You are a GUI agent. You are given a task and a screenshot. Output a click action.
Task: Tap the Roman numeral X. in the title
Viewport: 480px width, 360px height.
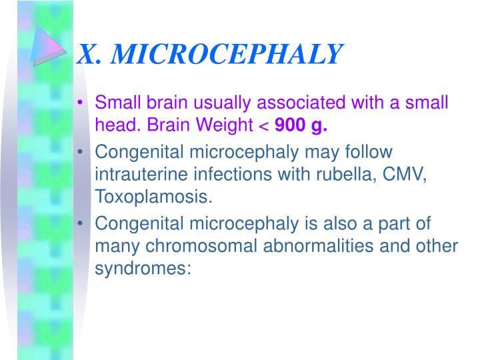tap(90, 54)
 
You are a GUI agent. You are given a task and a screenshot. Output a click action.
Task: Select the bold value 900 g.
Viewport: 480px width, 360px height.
tap(301, 125)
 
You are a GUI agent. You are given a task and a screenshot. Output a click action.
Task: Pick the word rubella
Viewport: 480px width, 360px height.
tap(340, 176)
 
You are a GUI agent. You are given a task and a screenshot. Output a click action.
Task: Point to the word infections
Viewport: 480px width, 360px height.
tap(227, 176)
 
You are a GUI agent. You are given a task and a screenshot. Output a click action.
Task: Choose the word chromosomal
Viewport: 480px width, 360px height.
tap(198, 247)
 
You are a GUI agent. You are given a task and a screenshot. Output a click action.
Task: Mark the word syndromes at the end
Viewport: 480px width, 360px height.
tap(143, 269)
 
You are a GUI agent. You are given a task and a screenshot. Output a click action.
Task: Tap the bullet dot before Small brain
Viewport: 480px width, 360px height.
tap(81, 104)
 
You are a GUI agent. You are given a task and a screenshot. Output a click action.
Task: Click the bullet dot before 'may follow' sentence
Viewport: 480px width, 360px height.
tap(81, 153)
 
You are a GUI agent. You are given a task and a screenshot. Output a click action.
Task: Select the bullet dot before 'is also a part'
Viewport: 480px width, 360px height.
tap(81, 224)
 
